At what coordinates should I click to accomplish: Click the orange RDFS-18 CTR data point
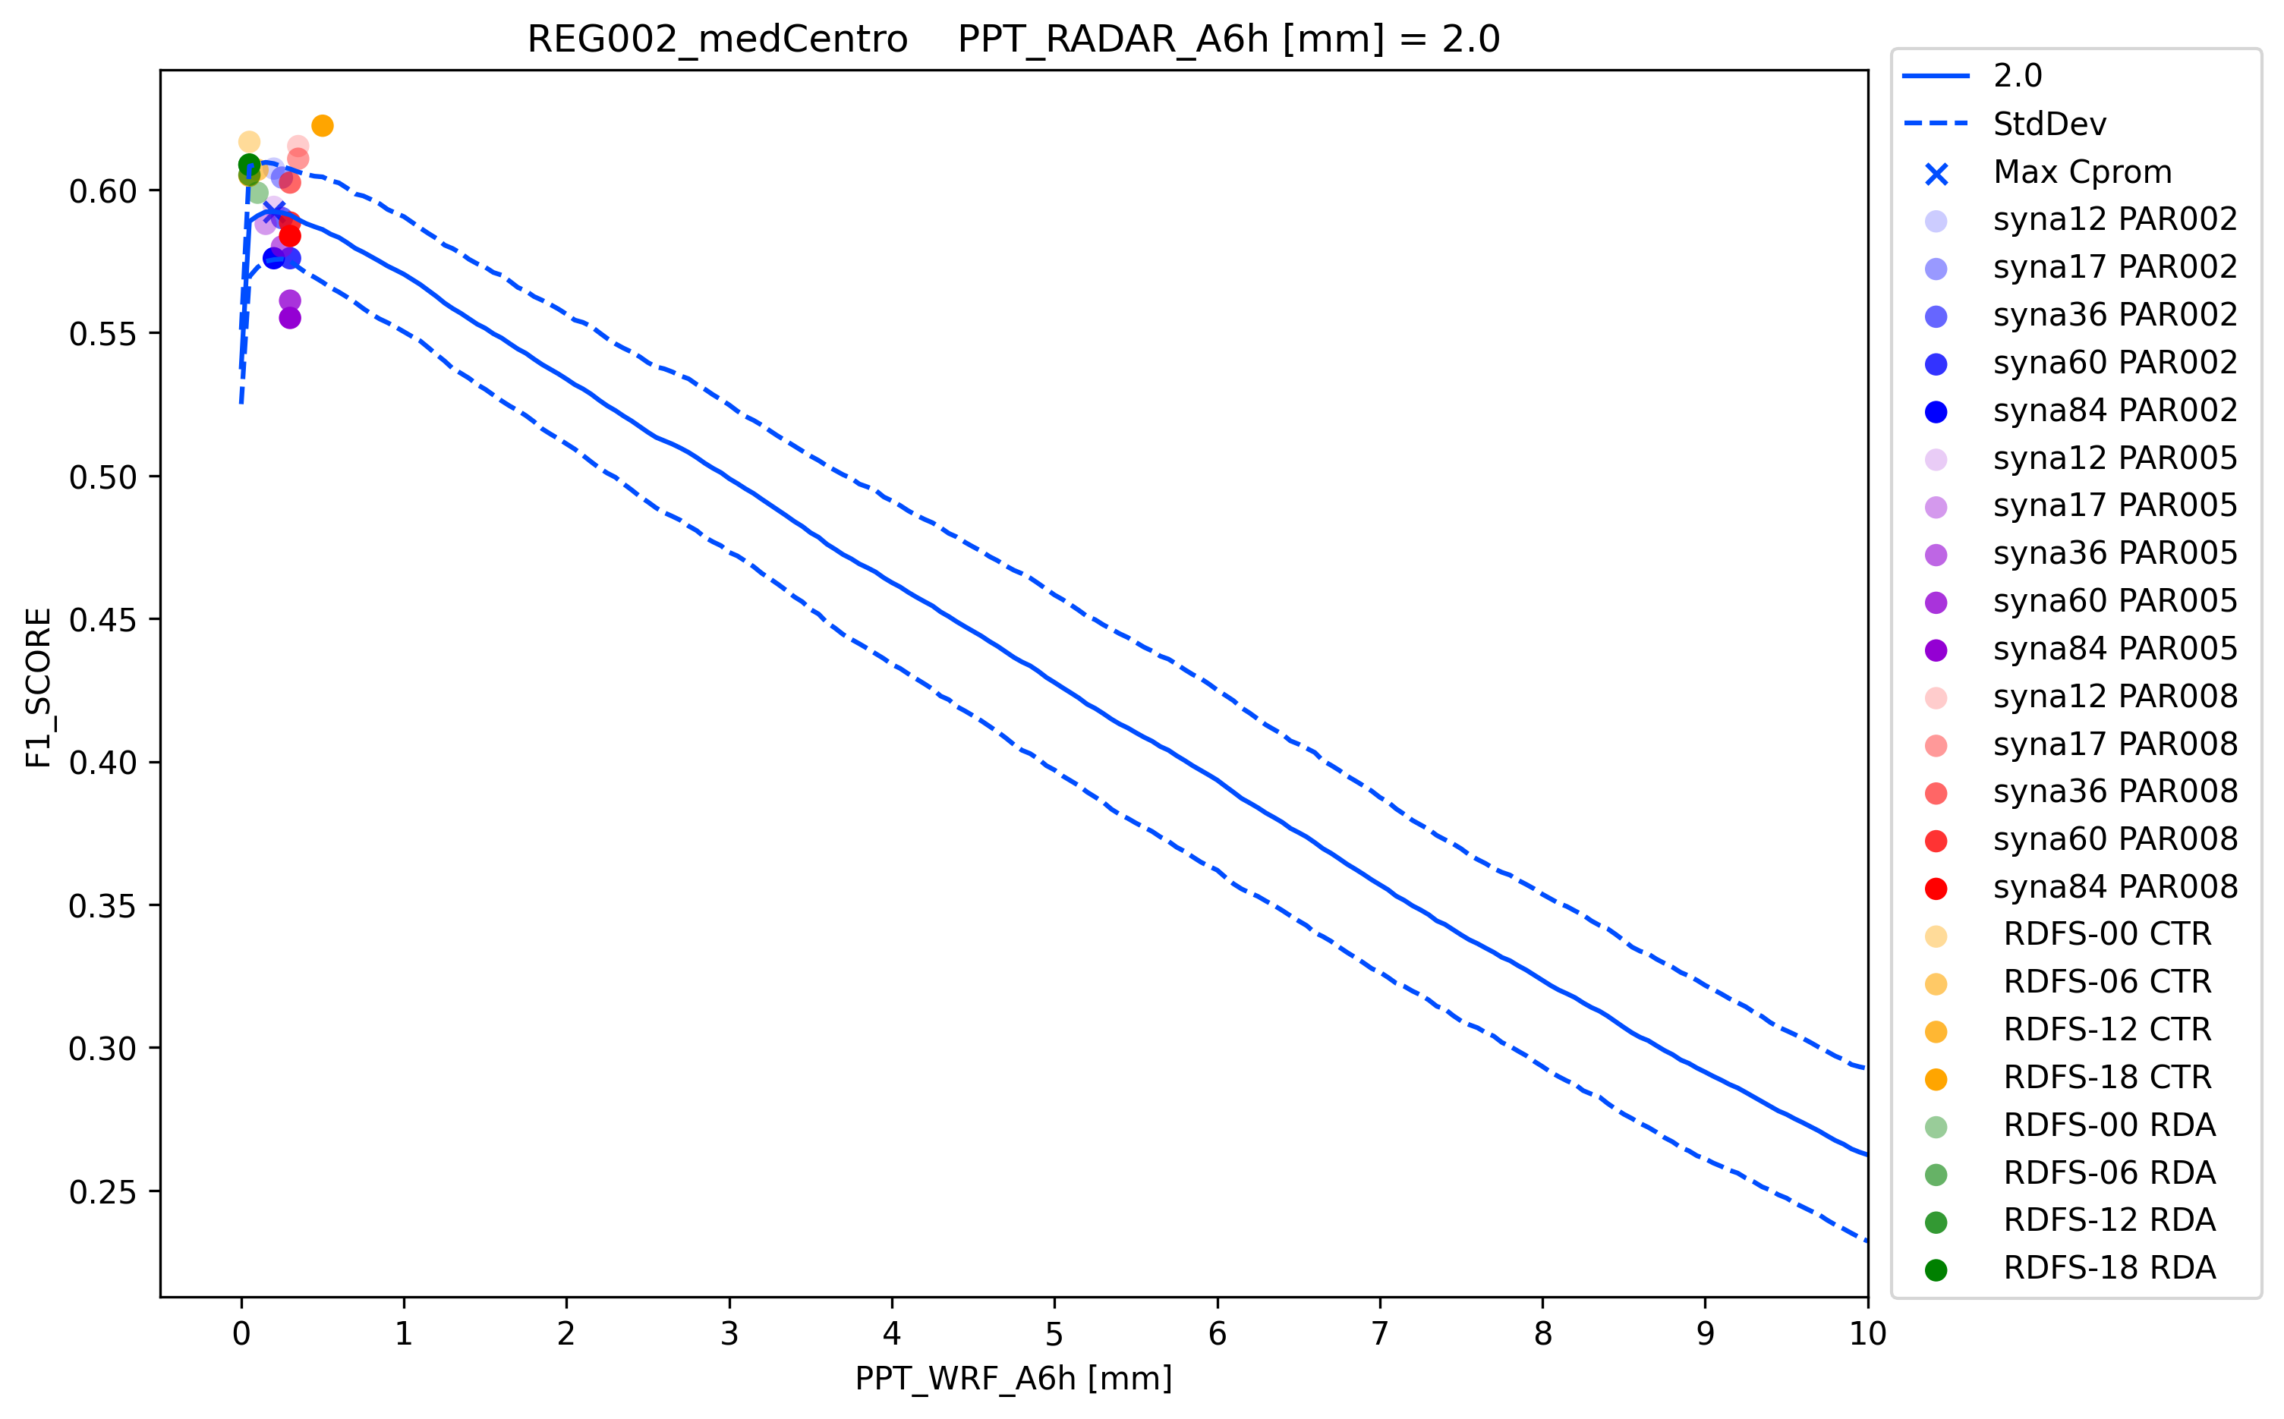point(322,126)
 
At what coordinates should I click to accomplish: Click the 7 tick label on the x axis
point(1379,1333)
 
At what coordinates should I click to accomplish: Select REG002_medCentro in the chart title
point(717,39)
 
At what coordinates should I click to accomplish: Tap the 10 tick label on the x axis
point(1867,1333)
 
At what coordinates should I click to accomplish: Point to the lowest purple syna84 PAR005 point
point(290,318)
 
